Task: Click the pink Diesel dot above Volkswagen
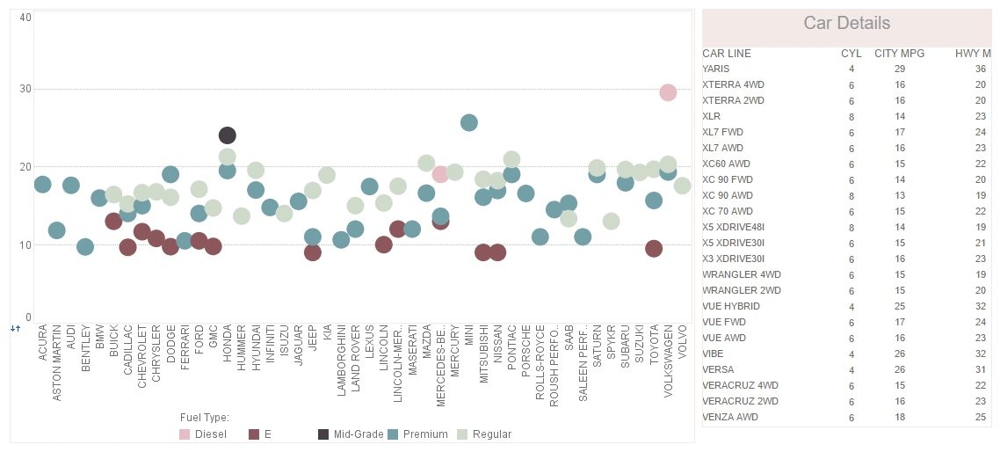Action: [x=668, y=92]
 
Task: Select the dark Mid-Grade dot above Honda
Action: [x=227, y=135]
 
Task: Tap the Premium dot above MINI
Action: [x=469, y=122]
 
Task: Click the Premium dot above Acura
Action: [x=42, y=184]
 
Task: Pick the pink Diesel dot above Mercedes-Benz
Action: [x=441, y=174]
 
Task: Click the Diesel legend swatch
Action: [x=185, y=434]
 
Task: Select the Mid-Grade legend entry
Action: [x=351, y=434]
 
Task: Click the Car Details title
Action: [x=846, y=24]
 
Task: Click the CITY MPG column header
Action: [x=899, y=54]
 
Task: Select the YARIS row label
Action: [x=715, y=69]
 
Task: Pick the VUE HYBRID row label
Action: [x=731, y=306]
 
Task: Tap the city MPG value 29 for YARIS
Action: [x=900, y=69]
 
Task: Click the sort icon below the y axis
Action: [x=15, y=328]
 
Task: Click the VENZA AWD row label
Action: [x=729, y=417]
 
